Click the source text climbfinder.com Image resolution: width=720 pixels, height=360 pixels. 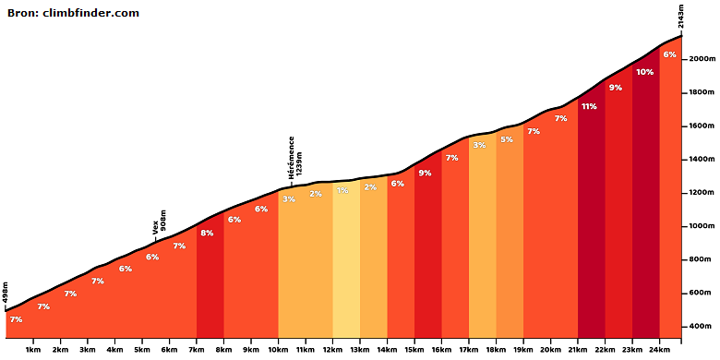click(90, 13)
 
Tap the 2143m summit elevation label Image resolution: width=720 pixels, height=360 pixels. click(681, 18)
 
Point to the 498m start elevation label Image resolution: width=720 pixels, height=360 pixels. click(6, 293)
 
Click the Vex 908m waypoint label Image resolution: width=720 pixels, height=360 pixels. click(160, 222)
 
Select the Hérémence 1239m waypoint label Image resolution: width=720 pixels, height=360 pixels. click(294, 158)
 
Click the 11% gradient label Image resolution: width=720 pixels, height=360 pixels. click(589, 106)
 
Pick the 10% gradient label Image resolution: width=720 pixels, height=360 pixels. click(644, 72)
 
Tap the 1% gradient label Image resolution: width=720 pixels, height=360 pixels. click(342, 190)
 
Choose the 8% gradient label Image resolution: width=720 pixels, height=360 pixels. click(207, 233)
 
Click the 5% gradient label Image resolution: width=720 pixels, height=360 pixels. click(507, 139)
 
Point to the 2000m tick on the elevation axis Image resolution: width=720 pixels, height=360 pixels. click(684, 59)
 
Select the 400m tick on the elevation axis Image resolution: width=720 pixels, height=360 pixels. click(684, 327)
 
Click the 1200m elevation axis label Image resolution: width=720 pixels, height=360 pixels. click(702, 193)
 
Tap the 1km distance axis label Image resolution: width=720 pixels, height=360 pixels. click(33, 349)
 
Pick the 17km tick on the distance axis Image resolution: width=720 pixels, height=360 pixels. click(469, 341)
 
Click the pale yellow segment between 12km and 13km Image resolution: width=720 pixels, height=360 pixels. click(346, 267)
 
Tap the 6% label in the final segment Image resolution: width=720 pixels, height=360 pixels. click(669, 54)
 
